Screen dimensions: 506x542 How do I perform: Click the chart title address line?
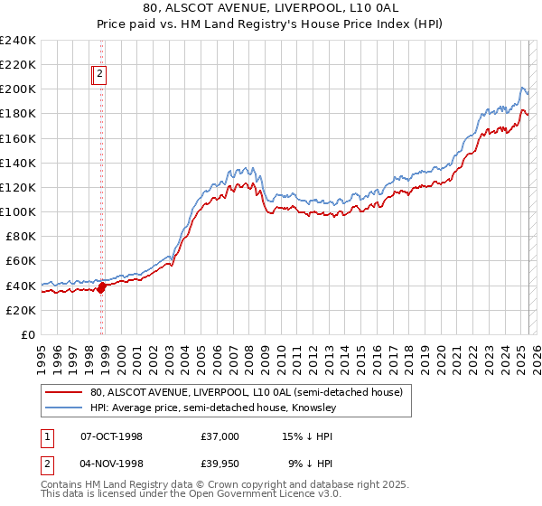pos(271,8)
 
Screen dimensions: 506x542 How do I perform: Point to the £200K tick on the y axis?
pos(18,89)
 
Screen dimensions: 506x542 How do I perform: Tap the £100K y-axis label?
pos(18,211)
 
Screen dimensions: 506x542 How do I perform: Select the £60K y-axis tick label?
pos(21,260)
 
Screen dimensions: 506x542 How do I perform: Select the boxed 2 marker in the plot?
pos(99,76)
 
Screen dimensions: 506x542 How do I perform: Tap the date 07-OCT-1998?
pos(111,436)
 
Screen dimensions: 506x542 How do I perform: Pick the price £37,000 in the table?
pos(220,436)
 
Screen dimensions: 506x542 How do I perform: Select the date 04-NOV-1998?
pos(111,465)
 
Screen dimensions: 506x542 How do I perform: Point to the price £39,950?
pos(220,465)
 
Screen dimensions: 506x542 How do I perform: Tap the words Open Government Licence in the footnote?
pos(252,495)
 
